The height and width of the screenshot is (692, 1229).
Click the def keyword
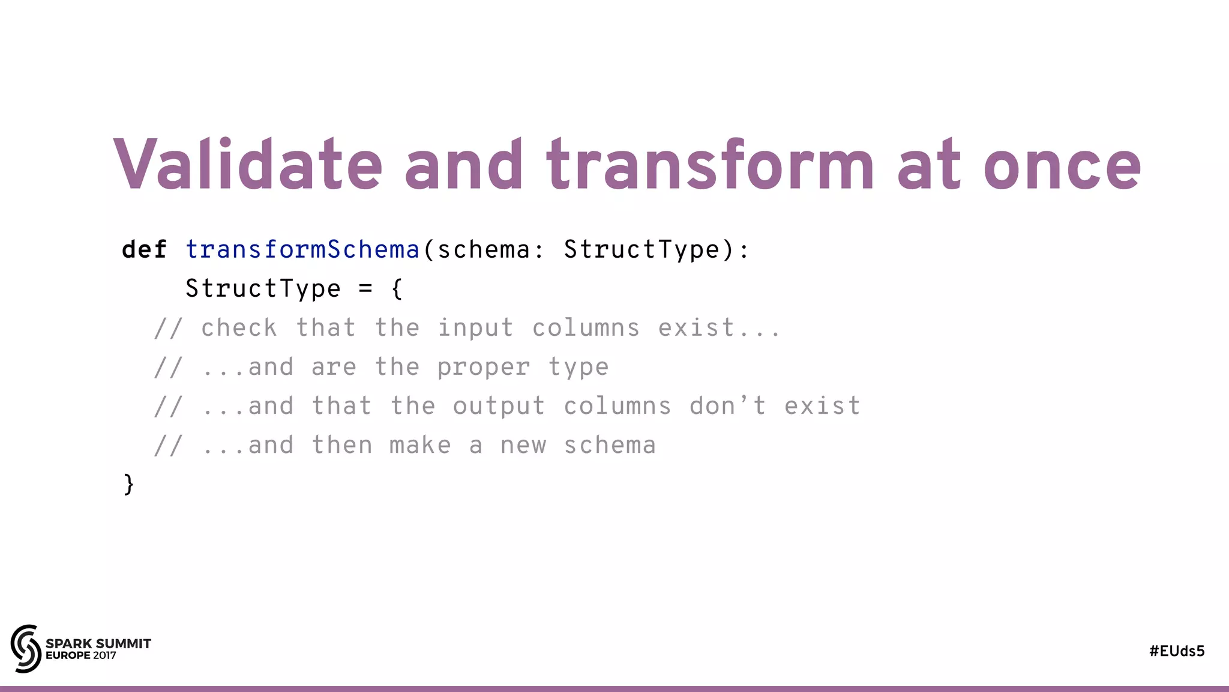coord(144,249)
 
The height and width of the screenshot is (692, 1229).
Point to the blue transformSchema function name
coord(302,249)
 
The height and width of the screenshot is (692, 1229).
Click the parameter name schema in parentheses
coord(484,249)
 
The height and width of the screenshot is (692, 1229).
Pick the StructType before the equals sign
coord(263,289)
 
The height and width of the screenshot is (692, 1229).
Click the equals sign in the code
coord(365,289)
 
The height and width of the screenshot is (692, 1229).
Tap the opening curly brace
coord(397,289)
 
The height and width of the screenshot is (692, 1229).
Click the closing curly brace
coord(128,484)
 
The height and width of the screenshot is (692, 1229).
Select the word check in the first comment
coord(239,328)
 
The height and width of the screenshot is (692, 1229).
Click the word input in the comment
coord(475,328)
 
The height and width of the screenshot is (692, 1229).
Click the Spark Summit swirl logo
coord(26,648)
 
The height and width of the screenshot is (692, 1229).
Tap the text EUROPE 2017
coord(81,655)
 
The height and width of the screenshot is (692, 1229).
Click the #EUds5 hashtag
coord(1176,651)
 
